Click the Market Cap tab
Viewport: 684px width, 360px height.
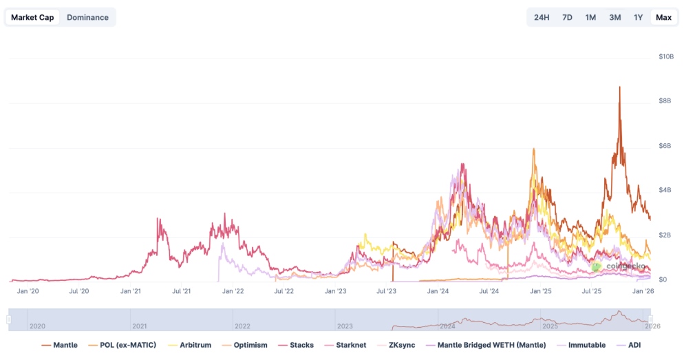pyautogui.click(x=33, y=17)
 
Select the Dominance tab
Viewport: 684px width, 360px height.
pyautogui.click(x=87, y=17)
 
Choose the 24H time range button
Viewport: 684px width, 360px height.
pyautogui.click(x=542, y=17)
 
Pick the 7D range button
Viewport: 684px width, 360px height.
pyautogui.click(x=567, y=17)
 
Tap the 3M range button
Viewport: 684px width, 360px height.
pyautogui.click(x=614, y=17)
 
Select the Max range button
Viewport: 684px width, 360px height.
pyautogui.click(x=663, y=17)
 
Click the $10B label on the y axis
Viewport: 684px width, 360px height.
pyautogui.click(x=665, y=56)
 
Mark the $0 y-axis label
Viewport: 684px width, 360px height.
pyautogui.click(x=663, y=279)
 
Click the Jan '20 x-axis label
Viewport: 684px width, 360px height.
pyautogui.click(x=28, y=291)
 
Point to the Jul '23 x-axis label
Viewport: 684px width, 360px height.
pyautogui.click(x=387, y=291)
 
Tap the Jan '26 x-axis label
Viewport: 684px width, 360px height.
pyautogui.click(x=643, y=291)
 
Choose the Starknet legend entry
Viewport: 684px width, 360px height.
pyautogui.click(x=350, y=345)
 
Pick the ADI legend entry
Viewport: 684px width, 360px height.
pyautogui.click(x=634, y=345)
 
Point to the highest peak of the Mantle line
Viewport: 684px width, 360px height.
pyautogui.click(x=620, y=87)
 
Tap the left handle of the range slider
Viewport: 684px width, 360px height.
pyautogui.click(x=9, y=319)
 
